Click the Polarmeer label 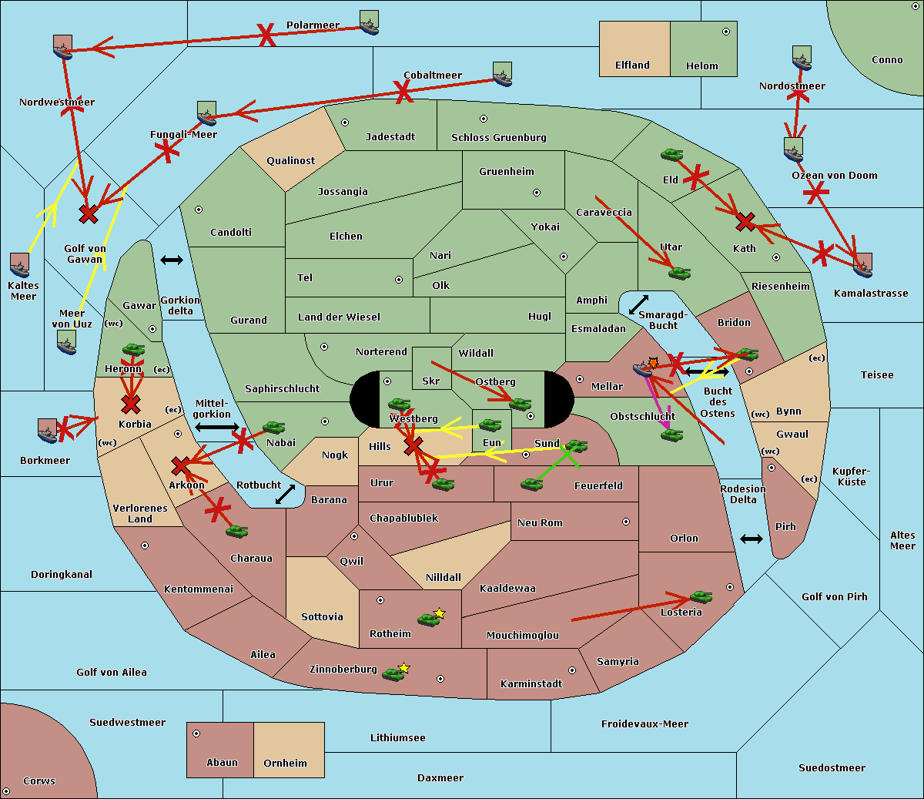pyautogui.click(x=313, y=25)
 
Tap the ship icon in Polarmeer pyautogui.click(x=370, y=22)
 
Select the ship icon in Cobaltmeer pyautogui.click(x=502, y=74)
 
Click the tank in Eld pyautogui.click(x=672, y=155)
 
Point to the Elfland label pyautogui.click(x=632, y=65)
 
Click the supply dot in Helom pyautogui.click(x=725, y=32)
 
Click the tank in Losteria pyautogui.click(x=701, y=596)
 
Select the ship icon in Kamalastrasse pyautogui.click(x=862, y=265)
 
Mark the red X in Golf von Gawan pyautogui.click(x=89, y=213)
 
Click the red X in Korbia pyautogui.click(x=131, y=404)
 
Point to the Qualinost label pyautogui.click(x=290, y=161)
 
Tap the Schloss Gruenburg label pyautogui.click(x=498, y=138)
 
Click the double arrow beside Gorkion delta pyautogui.click(x=171, y=260)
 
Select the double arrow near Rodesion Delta pyautogui.click(x=752, y=539)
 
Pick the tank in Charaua pyautogui.click(x=236, y=531)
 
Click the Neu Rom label pyautogui.click(x=540, y=523)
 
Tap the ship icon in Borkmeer pyautogui.click(x=48, y=431)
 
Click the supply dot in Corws pyautogui.click(x=6, y=791)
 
